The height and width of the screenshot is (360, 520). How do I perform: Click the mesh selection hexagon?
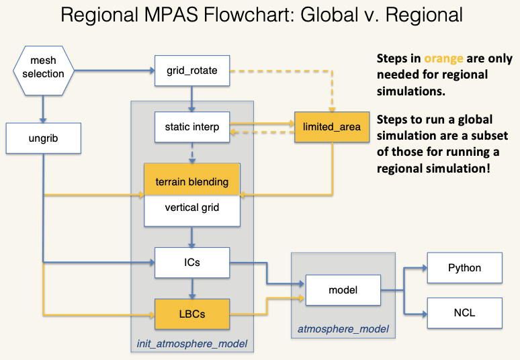tap(44, 71)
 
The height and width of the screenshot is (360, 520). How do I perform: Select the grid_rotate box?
tap(192, 71)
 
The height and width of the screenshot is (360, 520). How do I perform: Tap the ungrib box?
tap(44, 138)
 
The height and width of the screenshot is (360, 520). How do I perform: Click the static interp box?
tap(192, 127)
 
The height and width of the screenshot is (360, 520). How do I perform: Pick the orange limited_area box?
tap(332, 127)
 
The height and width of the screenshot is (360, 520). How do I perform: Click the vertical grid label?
tap(192, 208)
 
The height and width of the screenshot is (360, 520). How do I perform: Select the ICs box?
tap(192, 263)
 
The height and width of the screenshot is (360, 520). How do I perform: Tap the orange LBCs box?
tap(192, 314)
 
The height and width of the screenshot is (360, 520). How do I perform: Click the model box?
tap(343, 290)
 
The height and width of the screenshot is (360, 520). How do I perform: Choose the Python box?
tap(465, 268)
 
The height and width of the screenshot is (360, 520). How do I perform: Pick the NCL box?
tap(465, 313)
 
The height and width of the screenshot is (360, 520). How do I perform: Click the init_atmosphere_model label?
tap(192, 344)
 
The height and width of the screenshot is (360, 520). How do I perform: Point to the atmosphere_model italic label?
tap(343, 329)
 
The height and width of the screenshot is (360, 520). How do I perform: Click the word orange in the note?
tap(443, 59)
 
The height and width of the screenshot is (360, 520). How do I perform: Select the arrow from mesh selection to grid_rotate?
tap(114, 71)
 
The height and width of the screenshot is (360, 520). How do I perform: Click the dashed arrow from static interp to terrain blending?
tap(192, 153)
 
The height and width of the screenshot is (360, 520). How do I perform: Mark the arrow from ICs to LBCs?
tap(192, 288)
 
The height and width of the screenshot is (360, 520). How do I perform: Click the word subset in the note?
tap(490, 136)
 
